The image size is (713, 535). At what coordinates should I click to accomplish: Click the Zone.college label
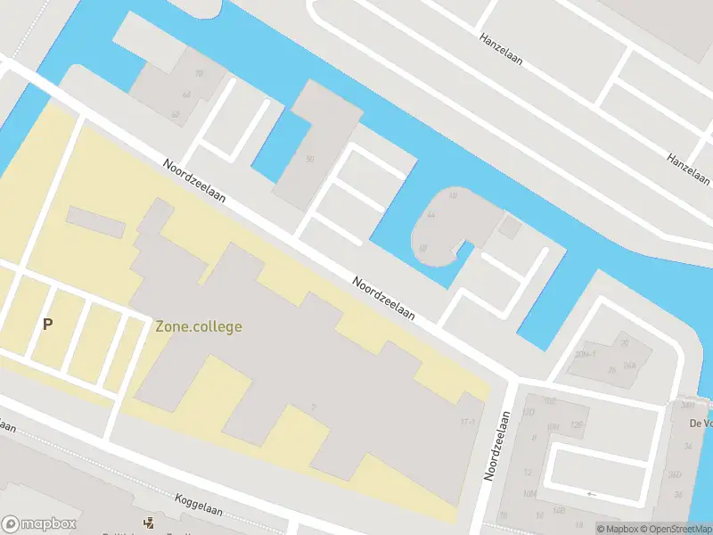click(x=198, y=327)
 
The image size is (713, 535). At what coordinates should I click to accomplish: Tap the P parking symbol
click(x=47, y=325)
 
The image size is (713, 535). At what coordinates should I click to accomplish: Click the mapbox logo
click(x=39, y=524)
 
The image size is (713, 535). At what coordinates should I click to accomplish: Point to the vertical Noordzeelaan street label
click(x=495, y=445)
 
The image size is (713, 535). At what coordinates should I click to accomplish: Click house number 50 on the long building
click(x=309, y=160)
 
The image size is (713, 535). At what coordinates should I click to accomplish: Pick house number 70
click(x=199, y=74)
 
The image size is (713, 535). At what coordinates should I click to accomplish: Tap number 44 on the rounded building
click(x=430, y=215)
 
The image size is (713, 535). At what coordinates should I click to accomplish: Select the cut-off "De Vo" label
click(x=699, y=423)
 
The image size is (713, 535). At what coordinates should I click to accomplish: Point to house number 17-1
click(x=466, y=421)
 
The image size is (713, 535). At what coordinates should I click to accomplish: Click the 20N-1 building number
click(x=586, y=354)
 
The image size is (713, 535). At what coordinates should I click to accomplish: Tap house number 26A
click(x=630, y=365)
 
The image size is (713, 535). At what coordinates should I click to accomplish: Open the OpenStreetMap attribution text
click(x=677, y=529)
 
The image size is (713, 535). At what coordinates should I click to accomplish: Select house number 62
click(x=175, y=113)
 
